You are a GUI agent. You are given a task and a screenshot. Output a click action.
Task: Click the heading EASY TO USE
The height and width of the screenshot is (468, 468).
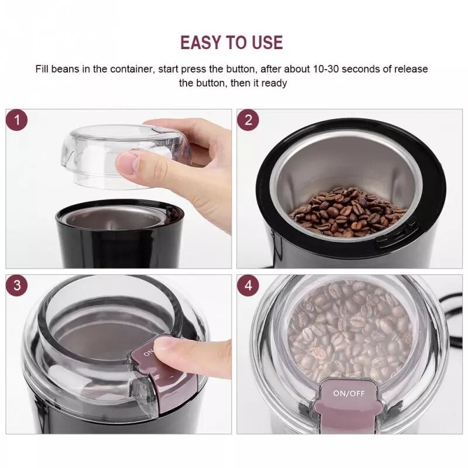point(231,43)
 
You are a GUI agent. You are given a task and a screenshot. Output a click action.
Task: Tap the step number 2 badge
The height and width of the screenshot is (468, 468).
point(248,121)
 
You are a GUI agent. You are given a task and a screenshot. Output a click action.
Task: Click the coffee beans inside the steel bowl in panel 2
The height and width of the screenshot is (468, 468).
point(348,212)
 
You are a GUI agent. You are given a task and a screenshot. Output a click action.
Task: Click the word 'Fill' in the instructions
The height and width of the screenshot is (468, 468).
point(43,69)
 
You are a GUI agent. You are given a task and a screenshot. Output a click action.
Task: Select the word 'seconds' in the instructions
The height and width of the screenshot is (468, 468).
point(362,69)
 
